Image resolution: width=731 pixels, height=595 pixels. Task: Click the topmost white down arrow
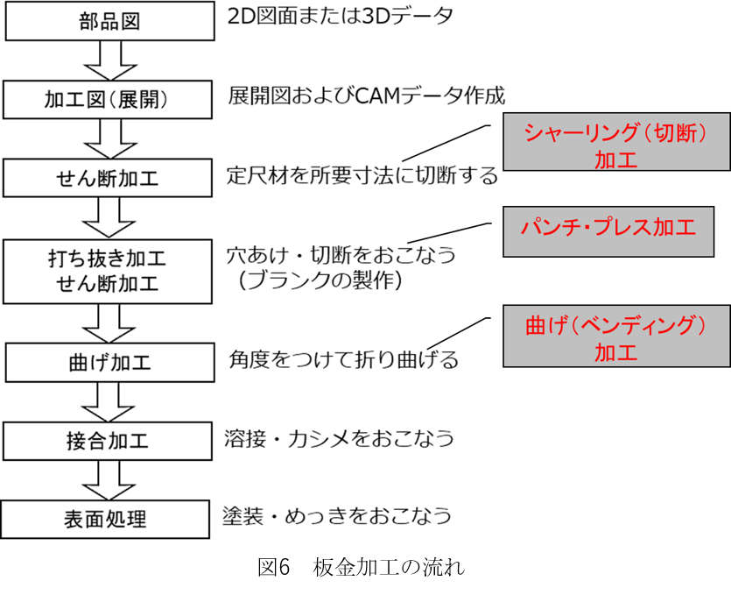(110, 60)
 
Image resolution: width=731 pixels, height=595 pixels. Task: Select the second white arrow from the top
(110, 138)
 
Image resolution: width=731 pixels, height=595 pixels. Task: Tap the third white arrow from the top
(109, 216)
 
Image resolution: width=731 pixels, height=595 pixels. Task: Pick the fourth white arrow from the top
(109, 322)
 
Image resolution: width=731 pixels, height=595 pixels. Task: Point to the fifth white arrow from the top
(109, 401)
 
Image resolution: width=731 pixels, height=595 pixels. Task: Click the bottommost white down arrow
(109, 479)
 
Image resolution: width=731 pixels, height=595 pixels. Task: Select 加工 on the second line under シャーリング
(615, 159)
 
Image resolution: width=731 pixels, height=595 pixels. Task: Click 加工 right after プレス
(674, 227)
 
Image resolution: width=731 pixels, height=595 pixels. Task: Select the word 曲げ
(545, 325)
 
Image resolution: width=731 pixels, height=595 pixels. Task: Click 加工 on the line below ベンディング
(615, 352)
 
